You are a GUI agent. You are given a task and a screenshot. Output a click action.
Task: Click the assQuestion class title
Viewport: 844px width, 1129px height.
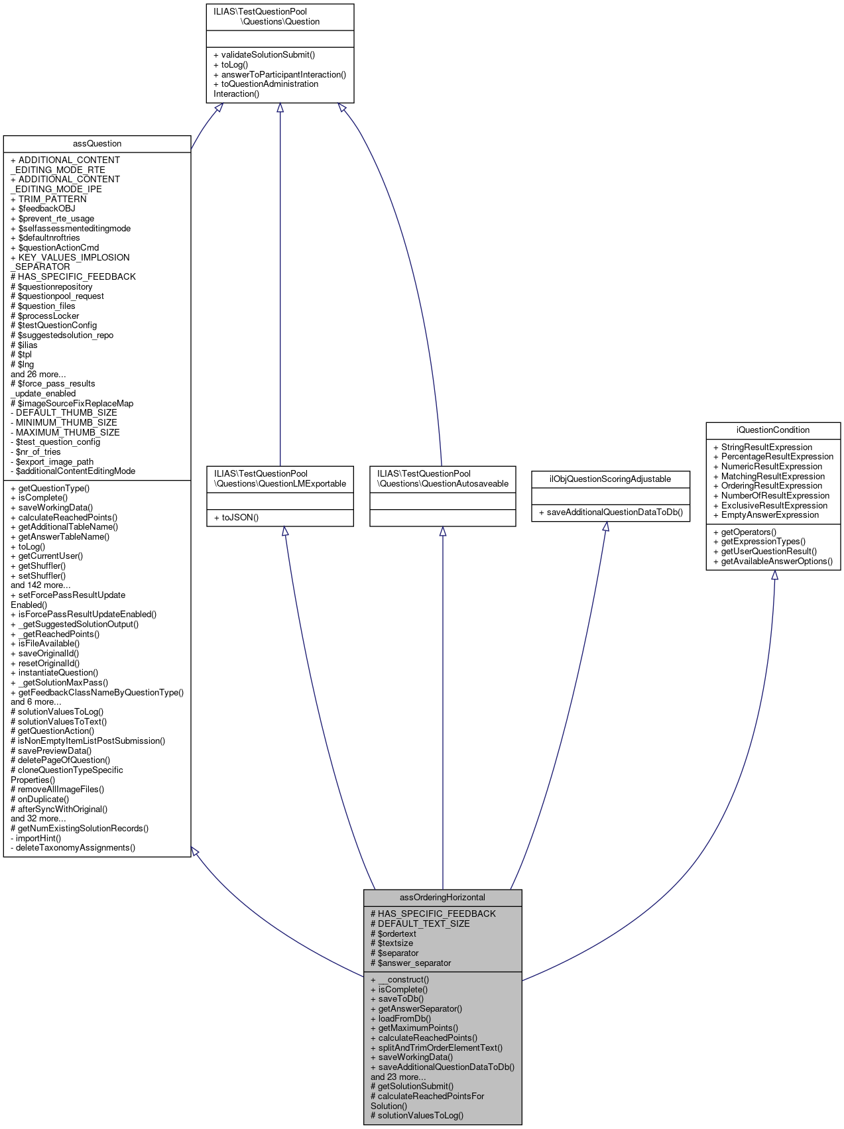(97, 144)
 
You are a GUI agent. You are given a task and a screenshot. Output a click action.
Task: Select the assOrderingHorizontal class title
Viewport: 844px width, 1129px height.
(442, 898)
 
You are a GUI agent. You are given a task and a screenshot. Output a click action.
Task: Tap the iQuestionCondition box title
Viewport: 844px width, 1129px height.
(773, 430)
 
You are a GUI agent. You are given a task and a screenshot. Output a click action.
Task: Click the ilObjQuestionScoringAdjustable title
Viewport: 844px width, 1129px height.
(610, 479)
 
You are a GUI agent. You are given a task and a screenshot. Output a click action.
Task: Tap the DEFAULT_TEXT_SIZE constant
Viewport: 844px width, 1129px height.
(420, 923)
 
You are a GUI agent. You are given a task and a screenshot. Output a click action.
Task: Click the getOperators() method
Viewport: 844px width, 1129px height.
(745, 532)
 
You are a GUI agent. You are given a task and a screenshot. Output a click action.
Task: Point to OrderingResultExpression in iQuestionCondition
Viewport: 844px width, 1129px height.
(768, 486)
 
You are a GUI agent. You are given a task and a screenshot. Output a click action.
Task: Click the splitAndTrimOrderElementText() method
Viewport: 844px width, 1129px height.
(436, 1048)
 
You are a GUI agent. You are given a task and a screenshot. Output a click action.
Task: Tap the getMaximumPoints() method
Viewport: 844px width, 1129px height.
(414, 1028)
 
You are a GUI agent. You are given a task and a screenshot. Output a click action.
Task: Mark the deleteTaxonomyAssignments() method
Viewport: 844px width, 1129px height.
(73, 848)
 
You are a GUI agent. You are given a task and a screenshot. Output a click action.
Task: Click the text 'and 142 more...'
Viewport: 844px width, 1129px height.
(40, 585)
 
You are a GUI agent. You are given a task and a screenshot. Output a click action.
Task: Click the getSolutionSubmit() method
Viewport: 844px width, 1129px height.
(412, 1087)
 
